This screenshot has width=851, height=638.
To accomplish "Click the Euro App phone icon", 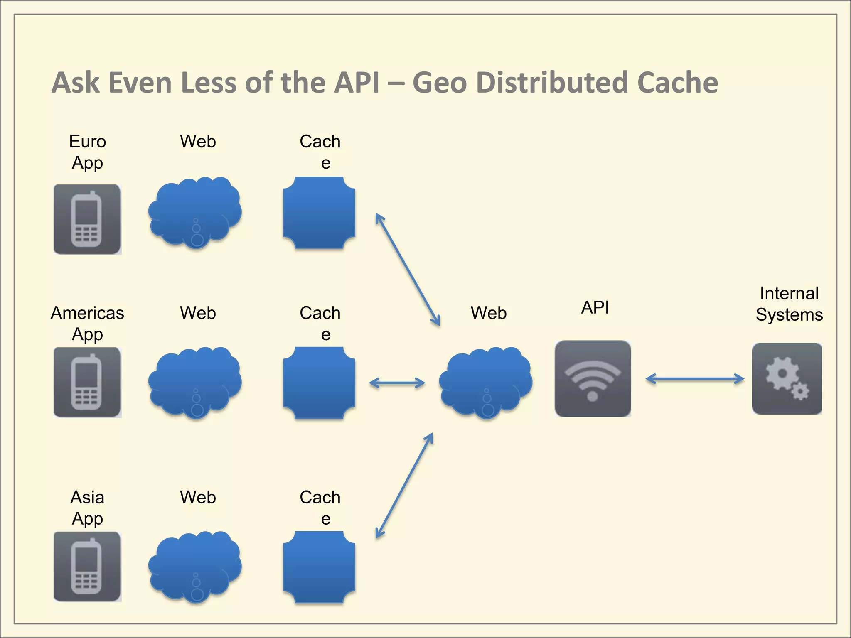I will pos(87,219).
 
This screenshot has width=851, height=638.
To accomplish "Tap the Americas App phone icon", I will pos(87,382).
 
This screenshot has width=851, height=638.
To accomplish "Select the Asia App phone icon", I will pos(87,567).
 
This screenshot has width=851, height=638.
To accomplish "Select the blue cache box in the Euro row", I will pos(319,213).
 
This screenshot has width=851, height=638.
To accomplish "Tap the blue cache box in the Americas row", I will pos(319,383).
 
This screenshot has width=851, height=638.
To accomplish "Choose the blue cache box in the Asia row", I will pos(319,567).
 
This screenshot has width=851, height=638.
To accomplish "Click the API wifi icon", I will pos(593,378).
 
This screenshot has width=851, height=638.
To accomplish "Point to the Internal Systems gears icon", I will pos(787,378).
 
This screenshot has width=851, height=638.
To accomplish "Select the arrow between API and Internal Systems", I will pos(695,378).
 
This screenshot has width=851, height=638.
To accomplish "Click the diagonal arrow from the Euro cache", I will pos(407,269).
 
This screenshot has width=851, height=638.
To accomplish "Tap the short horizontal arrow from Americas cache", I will pos(397,383).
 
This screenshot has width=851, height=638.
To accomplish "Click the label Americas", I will pos(87,313).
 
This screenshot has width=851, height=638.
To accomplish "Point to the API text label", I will pos(595,307).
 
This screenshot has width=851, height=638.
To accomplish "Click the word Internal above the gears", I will pos(789,293).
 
